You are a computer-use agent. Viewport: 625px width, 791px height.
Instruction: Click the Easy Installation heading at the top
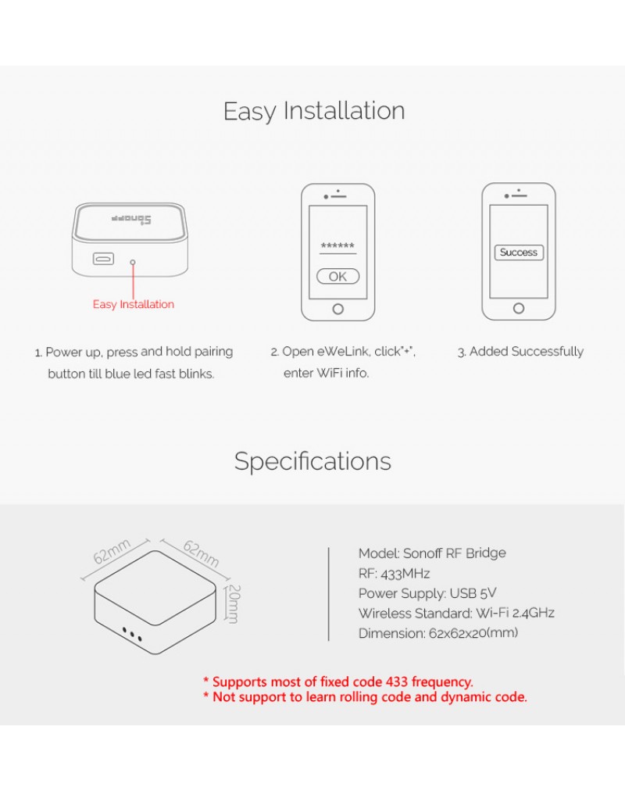click(314, 111)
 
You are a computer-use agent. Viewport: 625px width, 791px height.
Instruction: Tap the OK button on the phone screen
click(337, 277)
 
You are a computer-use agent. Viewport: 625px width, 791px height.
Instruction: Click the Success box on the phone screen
click(519, 252)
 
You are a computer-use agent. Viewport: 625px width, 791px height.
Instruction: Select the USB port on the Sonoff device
click(103, 259)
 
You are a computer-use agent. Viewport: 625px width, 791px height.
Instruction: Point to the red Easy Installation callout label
click(134, 304)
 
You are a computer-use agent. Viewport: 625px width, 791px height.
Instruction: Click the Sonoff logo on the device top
click(131, 220)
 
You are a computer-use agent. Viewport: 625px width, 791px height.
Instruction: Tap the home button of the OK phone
click(337, 309)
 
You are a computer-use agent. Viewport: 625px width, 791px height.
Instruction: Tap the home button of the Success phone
click(519, 308)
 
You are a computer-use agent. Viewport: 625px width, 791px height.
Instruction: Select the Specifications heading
click(312, 462)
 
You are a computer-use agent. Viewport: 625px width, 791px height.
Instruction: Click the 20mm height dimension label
click(234, 604)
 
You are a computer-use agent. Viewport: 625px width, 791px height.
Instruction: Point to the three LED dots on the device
click(133, 634)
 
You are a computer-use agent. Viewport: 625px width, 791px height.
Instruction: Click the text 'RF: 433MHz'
click(395, 574)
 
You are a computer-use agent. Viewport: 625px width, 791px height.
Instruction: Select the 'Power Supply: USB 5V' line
click(427, 593)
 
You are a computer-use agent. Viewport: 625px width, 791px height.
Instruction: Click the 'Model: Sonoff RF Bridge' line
click(432, 553)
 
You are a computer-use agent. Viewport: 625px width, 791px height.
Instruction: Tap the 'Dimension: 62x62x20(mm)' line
click(438, 633)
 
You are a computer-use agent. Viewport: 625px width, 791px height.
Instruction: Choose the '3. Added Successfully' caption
click(520, 352)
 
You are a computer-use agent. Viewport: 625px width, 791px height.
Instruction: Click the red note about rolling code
click(365, 697)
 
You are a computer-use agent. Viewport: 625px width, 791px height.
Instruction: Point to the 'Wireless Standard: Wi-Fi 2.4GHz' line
click(456, 613)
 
